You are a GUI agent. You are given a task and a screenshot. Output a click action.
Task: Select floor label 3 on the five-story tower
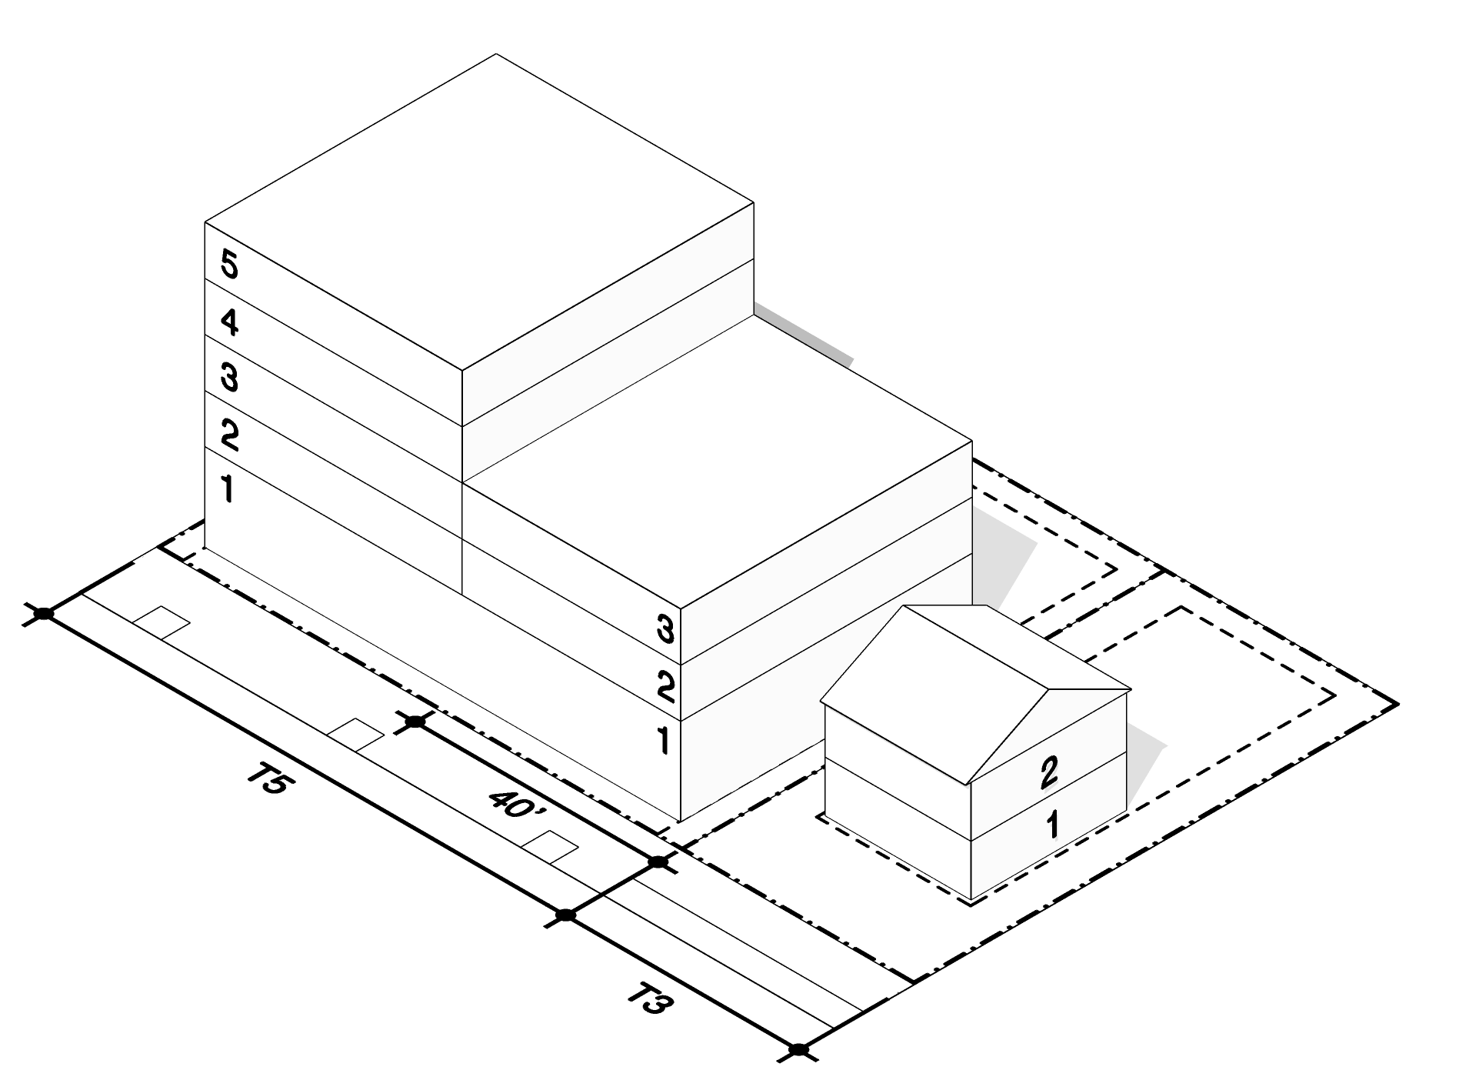pos(229,378)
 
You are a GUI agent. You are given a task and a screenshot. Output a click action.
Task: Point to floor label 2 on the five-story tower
pos(229,435)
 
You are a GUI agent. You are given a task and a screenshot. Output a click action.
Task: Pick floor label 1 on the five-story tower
pos(228,489)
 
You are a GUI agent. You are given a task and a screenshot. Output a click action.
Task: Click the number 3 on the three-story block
pos(666,630)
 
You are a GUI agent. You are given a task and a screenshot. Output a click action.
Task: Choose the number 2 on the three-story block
pos(666,686)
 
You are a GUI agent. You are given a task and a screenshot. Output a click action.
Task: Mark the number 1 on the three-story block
pos(663,740)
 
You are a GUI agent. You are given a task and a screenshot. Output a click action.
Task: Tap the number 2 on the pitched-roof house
pos(1049,773)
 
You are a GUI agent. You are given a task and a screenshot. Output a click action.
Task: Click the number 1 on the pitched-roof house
pos(1053,825)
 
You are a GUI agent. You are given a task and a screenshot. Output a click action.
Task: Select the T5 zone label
pos(269,782)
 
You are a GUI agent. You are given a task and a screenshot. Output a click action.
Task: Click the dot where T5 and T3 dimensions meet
pos(566,915)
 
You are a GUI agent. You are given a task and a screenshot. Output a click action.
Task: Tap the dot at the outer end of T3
pos(799,1049)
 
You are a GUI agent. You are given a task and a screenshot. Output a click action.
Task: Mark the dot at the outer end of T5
pos(45,613)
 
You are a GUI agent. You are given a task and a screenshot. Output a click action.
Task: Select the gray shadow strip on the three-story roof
pos(804,334)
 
